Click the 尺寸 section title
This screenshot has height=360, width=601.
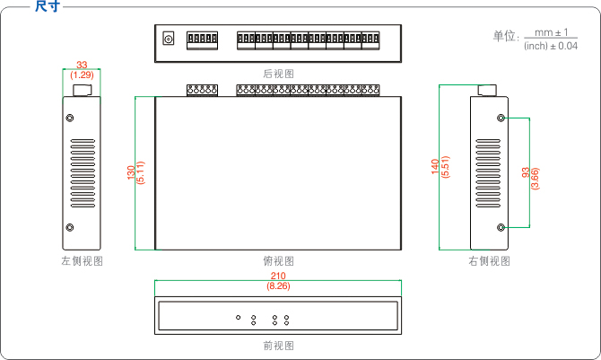pyautogui.click(x=48, y=7)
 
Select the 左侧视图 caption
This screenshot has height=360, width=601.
pyautogui.click(x=82, y=261)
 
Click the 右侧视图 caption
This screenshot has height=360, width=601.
pyautogui.click(x=489, y=261)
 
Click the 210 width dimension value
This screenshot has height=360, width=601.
pyautogui.click(x=279, y=276)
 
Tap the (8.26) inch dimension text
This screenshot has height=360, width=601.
pyautogui.click(x=279, y=286)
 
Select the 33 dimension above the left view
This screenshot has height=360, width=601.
pyautogui.click(x=83, y=65)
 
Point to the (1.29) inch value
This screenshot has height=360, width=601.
pyautogui.click(x=83, y=74)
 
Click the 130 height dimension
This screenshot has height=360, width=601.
pyautogui.click(x=131, y=171)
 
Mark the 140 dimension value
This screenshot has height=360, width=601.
pyautogui.click(x=436, y=168)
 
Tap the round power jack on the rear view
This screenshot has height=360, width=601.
pyautogui.click(x=168, y=39)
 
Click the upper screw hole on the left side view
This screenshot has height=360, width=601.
pyautogui.click(x=71, y=118)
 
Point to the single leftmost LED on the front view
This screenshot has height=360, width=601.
pyautogui.click(x=238, y=317)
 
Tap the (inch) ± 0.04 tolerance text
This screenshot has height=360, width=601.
pyautogui.click(x=550, y=45)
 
